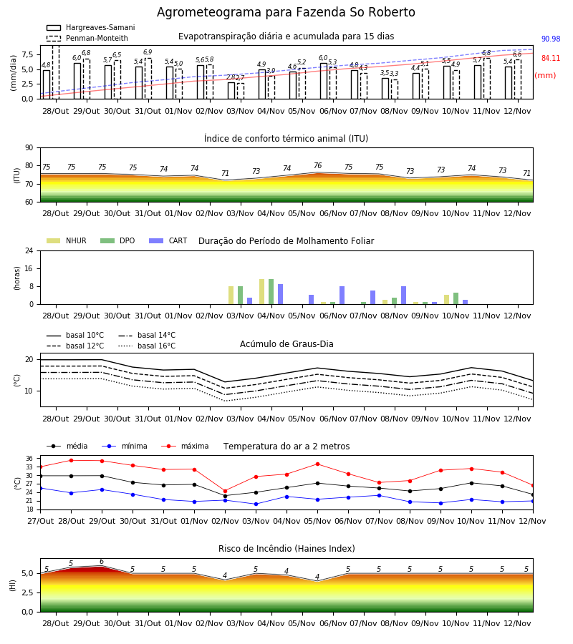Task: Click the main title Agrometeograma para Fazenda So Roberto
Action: [286, 12]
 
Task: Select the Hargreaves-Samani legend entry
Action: [91, 27]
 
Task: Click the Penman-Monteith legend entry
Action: [87, 38]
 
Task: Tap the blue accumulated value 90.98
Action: [551, 39]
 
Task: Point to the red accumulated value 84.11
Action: [551, 59]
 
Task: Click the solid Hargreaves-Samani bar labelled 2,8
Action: [231, 91]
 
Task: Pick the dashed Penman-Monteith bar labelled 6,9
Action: [148, 79]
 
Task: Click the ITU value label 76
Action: [318, 165]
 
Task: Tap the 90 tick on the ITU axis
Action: [29, 148]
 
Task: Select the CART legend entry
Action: [168, 240]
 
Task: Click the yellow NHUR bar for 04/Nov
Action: [262, 292]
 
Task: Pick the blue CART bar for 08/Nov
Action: [404, 296]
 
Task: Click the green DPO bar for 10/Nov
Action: [456, 298]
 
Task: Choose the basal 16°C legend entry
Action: [147, 346]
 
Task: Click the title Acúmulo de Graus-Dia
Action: [286, 344]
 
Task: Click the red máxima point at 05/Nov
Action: [318, 464]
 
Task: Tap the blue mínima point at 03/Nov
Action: [256, 504]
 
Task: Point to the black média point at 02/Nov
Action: [225, 496]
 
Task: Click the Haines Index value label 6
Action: [102, 562]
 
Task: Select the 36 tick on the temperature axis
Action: [29, 459]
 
